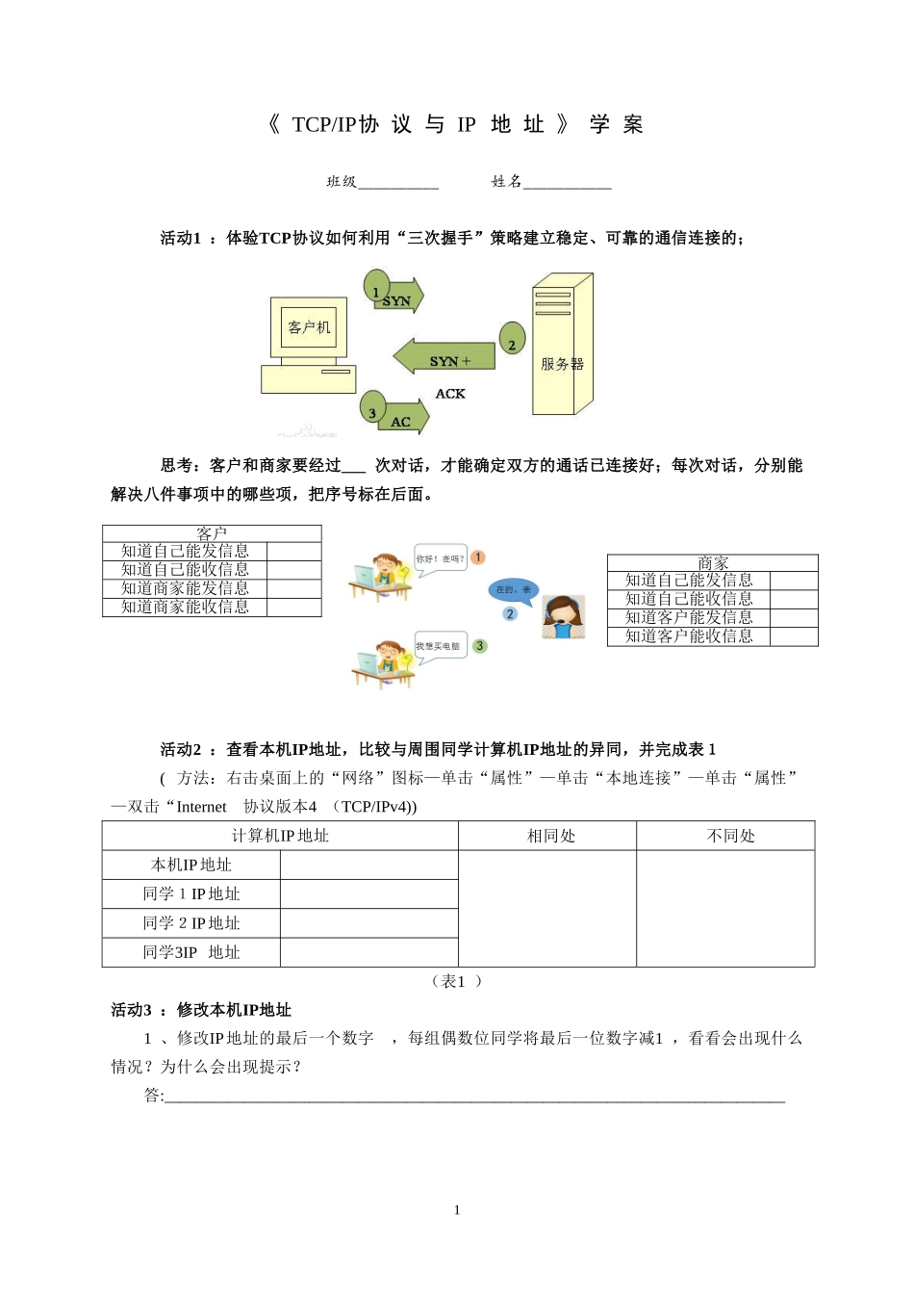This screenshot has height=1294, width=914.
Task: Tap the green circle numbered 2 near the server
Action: click(x=513, y=339)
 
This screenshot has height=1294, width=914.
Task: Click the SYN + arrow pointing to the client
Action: click(x=444, y=357)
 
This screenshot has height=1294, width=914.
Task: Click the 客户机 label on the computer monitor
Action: click(x=309, y=327)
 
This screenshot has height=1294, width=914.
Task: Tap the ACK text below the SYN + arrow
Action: click(x=450, y=394)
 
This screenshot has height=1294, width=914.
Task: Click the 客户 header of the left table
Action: click(x=212, y=533)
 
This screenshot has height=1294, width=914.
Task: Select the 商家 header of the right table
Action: click(x=713, y=563)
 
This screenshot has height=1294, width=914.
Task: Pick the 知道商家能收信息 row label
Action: click(x=185, y=607)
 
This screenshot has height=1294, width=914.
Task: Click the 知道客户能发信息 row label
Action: click(x=689, y=617)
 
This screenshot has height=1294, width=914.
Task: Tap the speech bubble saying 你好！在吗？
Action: click(x=440, y=558)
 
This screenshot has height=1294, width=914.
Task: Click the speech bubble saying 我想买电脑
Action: click(x=438, y=646)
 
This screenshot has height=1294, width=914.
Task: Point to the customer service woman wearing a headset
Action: click(x=564, y=617)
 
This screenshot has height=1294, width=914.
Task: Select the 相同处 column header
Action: click(x=550, y=836)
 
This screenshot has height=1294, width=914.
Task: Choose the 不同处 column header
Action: click(x=730, y=836)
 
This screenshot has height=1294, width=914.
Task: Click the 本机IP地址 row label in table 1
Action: click(x=191, y=865)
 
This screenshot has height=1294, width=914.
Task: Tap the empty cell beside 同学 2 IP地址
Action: click(x=369, y=923)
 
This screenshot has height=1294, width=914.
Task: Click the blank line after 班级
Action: click(x=398, y=182)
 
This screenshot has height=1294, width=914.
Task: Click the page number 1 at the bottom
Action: click(x=457, y=1210)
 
